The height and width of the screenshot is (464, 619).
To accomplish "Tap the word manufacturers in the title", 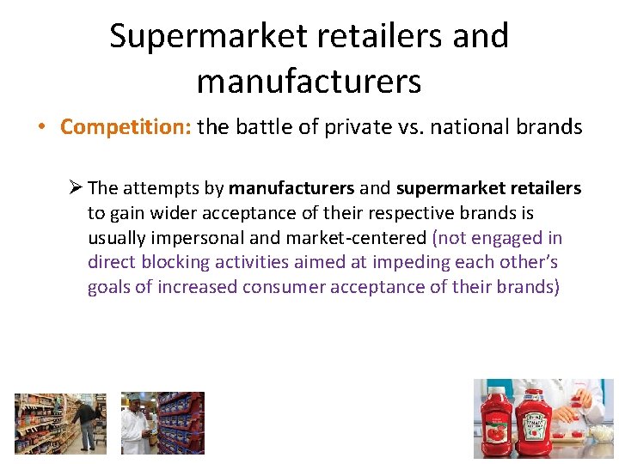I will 309,81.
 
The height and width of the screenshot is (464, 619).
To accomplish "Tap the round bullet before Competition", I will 42,128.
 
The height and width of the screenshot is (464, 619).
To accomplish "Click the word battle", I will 257,127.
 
